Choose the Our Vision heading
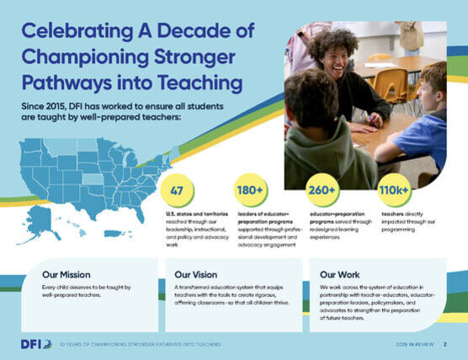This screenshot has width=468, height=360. coord(196,274)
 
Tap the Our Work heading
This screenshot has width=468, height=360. coord(340,274)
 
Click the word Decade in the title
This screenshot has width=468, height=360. coord(189,32)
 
